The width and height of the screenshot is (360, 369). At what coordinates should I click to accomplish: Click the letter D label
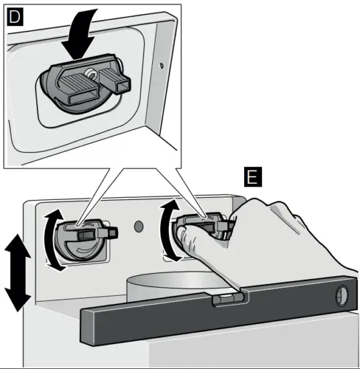coord(14,17)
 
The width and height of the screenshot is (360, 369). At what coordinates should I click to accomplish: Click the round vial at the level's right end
coord(343,293)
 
